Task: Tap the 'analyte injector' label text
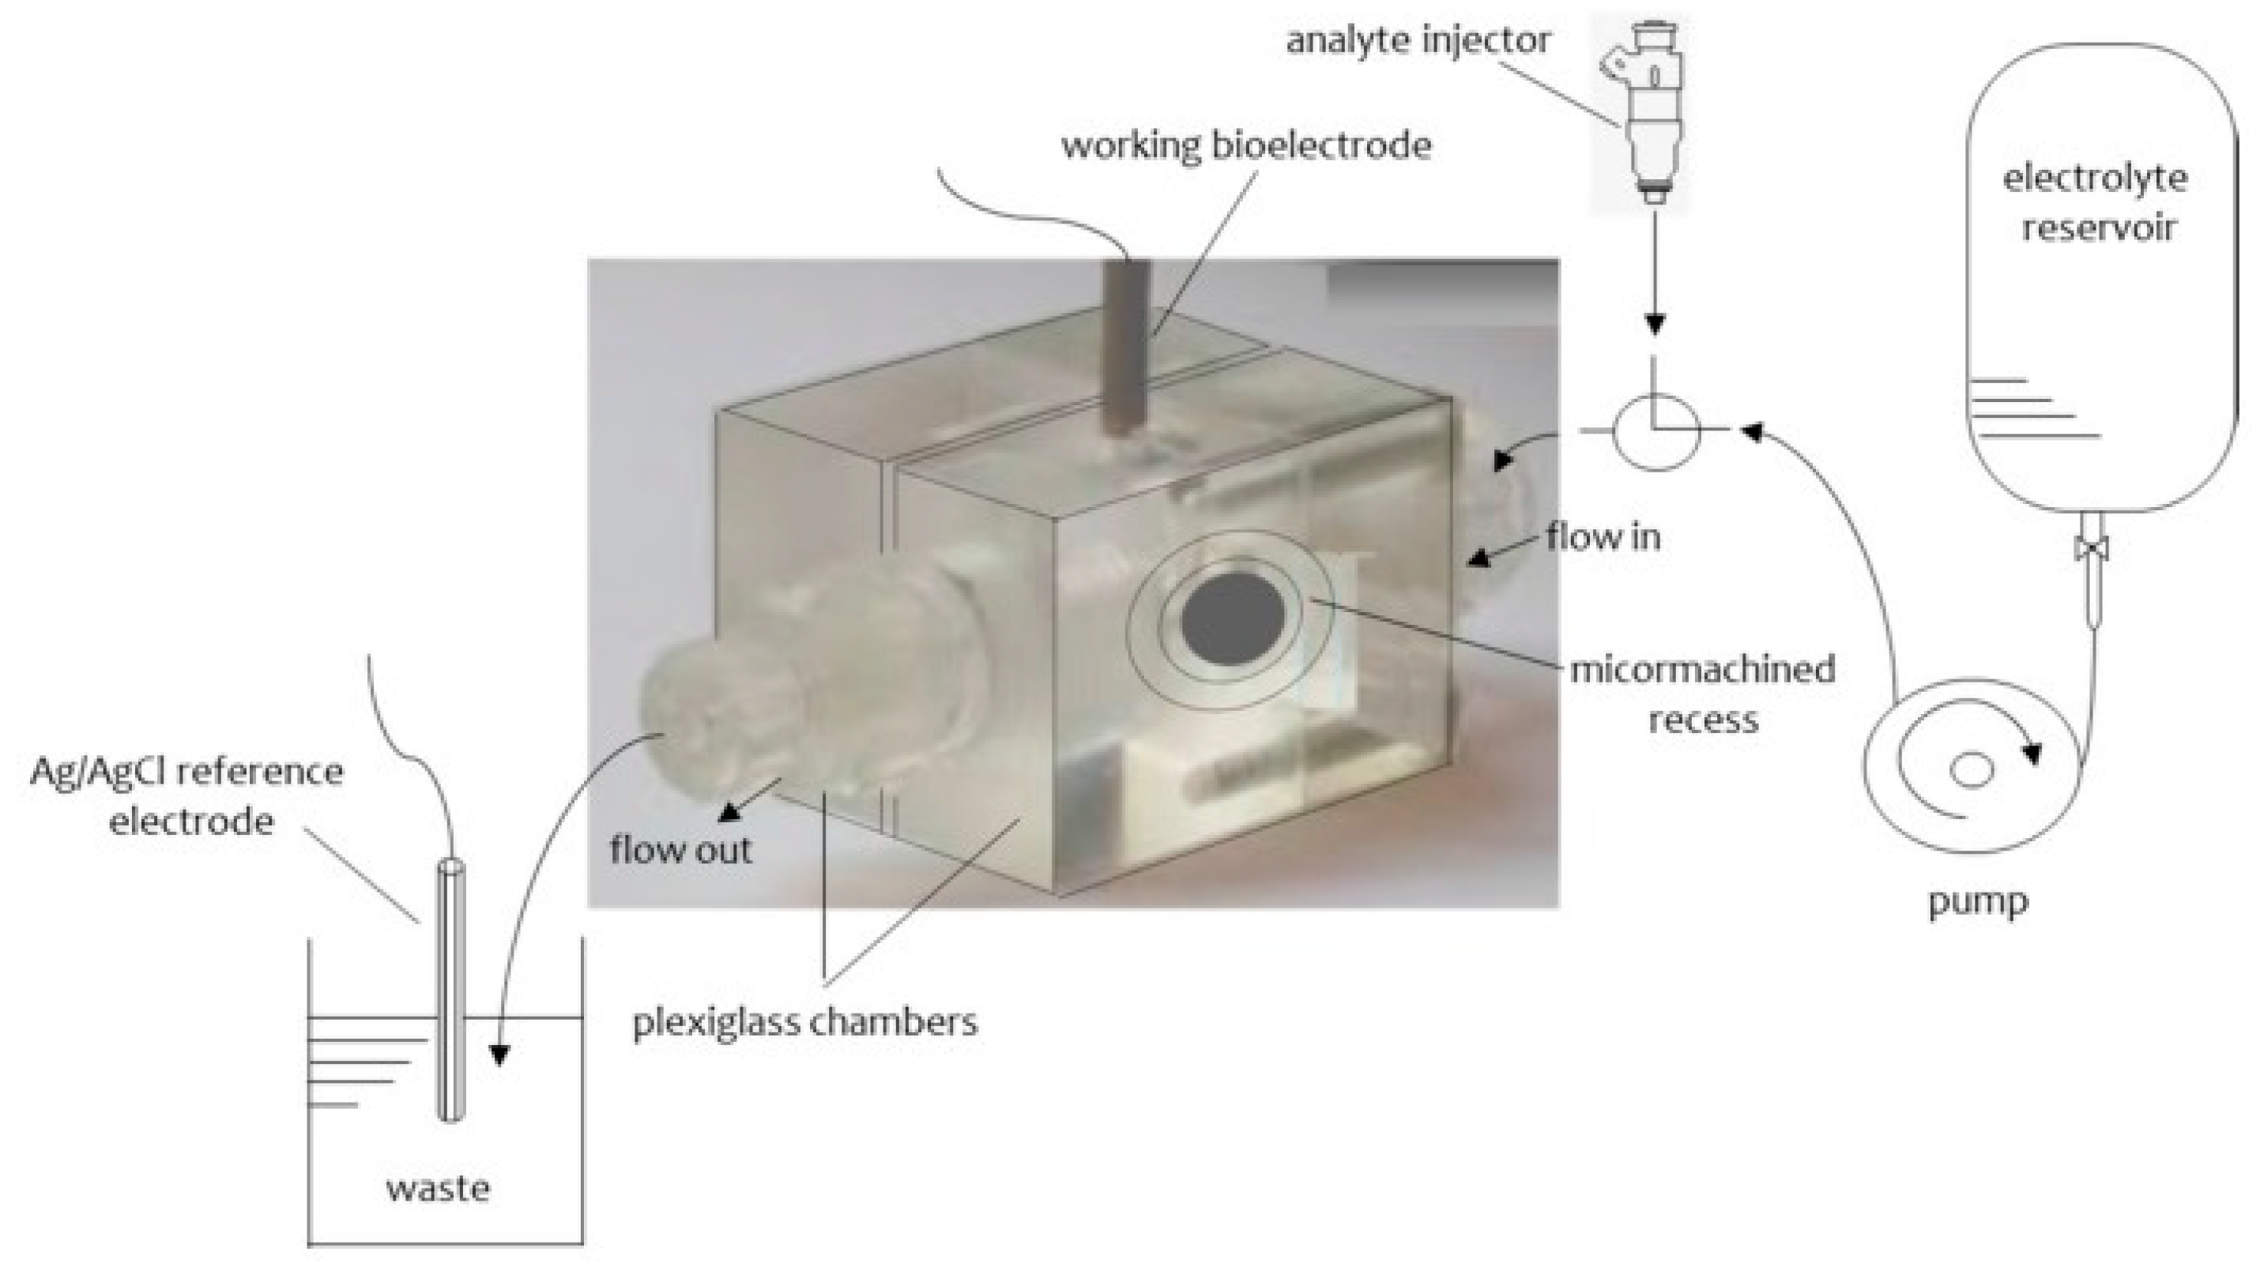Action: coord(1418,40)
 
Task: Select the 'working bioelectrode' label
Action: coord(1246,145)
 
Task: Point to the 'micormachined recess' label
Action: coord(1702,694)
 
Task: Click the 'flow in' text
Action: coord(1603,537)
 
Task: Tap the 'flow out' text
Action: coord(681,849)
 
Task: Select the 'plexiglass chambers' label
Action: coord(804,1022)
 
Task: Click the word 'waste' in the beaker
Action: coord(438,1189)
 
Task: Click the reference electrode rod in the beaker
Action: coord(451,991)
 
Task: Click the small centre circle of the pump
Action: coord(1972,771)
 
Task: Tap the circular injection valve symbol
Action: coord(1655,430)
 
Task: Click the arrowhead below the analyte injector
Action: coord(1655,324)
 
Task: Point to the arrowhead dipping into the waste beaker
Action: coord(500,1054)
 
